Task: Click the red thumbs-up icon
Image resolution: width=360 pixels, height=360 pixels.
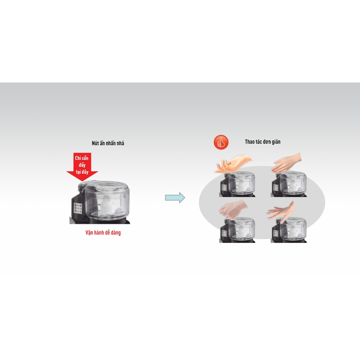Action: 221,142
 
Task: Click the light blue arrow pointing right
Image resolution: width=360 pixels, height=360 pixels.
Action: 175,198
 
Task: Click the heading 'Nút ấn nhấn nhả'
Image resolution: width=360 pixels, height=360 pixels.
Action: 108,143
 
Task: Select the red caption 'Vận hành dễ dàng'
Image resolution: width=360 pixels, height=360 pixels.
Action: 103,233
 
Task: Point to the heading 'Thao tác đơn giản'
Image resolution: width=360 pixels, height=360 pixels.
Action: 263,142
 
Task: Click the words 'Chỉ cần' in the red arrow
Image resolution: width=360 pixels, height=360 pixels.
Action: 82,158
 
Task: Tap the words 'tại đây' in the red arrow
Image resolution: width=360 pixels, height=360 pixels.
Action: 82,172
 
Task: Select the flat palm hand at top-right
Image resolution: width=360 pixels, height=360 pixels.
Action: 286,163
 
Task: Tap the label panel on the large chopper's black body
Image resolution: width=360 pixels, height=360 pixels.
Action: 78,208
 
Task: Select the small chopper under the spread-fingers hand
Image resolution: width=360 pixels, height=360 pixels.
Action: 237,184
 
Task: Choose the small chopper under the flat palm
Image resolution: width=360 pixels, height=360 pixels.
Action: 289,184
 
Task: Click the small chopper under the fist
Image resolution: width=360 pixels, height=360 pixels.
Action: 237,230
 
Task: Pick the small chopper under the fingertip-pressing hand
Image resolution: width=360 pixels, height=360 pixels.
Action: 289,230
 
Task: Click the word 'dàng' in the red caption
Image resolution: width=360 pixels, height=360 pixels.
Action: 116,233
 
